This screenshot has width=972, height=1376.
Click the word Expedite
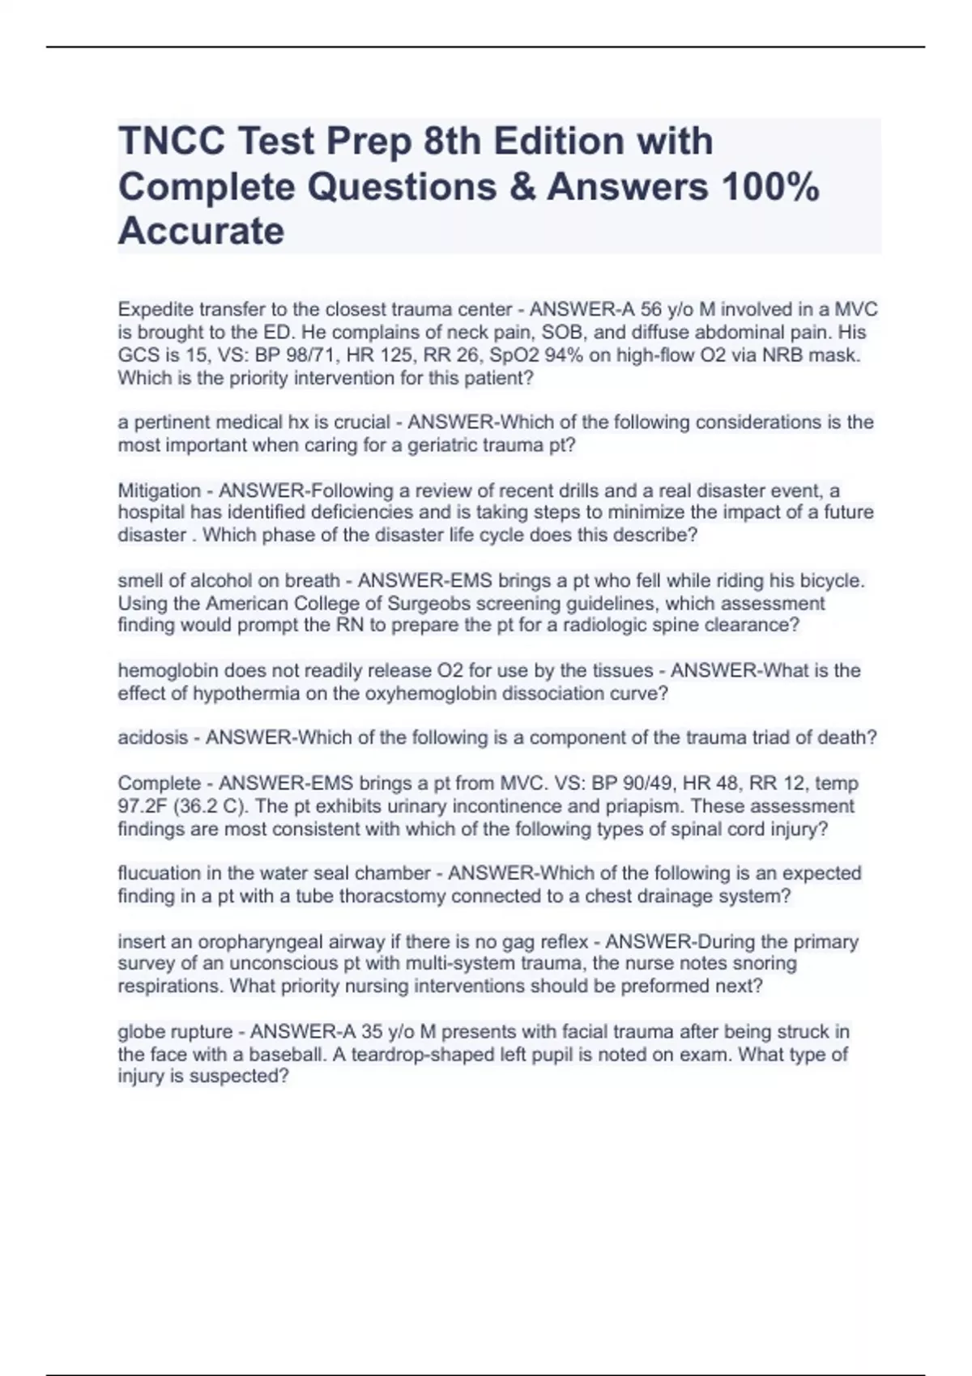[x=156, y=309]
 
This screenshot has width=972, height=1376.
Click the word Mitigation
[x=159, y=491]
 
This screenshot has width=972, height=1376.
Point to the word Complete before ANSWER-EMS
[x=159, y=783]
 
